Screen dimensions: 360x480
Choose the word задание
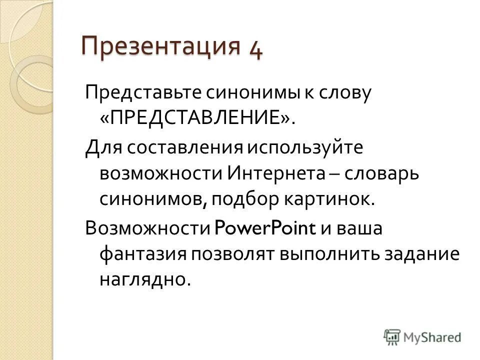pos(421,253)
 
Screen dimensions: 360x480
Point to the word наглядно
pos(145,279)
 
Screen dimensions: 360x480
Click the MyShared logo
pos(422,337)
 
